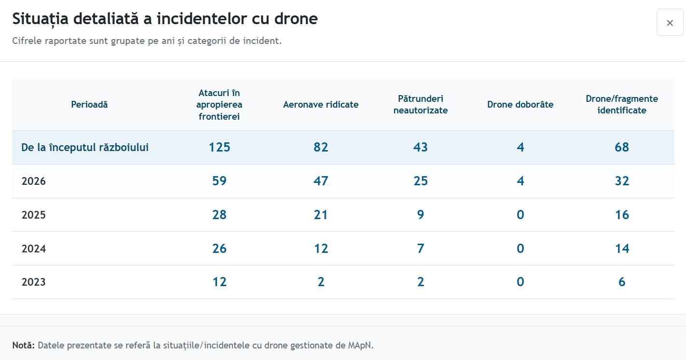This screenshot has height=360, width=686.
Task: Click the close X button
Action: point(670,22)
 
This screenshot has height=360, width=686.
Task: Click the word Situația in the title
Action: point(40,19)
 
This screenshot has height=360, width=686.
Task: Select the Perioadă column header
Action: point(89,104)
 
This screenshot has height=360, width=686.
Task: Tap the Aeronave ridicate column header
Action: point(321,104)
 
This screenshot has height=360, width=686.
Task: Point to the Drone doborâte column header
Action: point(521,104)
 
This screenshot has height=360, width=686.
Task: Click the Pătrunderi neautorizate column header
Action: point(421,104)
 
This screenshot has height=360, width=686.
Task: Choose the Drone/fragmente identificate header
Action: point(622,104)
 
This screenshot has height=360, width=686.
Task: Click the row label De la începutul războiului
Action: point(85,147)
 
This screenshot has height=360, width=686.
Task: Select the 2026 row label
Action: point(34,181)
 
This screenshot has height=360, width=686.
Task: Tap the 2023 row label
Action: point(34,282)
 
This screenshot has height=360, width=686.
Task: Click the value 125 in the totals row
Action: point(220,147)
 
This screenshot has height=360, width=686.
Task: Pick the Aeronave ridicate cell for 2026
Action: point(321,181)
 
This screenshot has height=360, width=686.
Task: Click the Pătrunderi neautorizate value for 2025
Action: point(421,215)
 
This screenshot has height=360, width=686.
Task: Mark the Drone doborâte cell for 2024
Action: point(521,249)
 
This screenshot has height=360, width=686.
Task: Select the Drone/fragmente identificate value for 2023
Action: point(622,282)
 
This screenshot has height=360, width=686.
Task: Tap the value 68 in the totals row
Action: point(622,147)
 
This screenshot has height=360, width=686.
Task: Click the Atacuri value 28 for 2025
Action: point(220,215)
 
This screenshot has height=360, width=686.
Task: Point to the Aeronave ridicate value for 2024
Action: point(321,249)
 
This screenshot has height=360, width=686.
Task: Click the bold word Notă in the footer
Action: point(24,346)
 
